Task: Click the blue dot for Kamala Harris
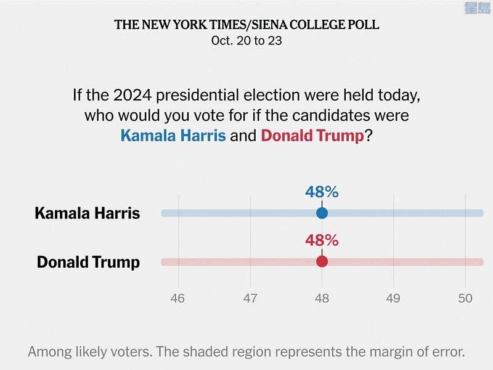pos(322,213)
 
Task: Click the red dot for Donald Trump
pos(322,261)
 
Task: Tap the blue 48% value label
pos(322,192)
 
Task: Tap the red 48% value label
pos(322,240)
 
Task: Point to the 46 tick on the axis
pos(179,298)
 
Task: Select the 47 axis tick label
pos(250,298)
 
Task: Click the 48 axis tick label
pos(322,298)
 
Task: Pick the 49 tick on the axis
pos(393,298)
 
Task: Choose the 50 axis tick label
pos(465,298)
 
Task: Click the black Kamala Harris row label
pos(88,213)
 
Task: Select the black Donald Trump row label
pos(88,262)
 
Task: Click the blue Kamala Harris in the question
pos(173,136)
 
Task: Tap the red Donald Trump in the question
pos(312,136)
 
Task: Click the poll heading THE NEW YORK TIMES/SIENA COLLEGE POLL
pos(246,25)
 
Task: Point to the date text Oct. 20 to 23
pos(246,41)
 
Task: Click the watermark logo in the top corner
pos(474,8)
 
